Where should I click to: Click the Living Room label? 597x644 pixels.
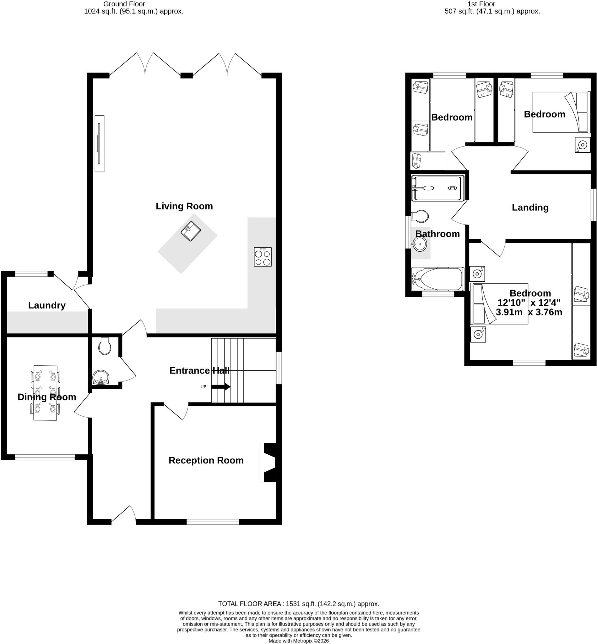coord(184,206)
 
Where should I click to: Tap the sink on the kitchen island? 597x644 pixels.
coord(191,231)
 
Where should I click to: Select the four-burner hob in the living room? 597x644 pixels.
coord(263,257)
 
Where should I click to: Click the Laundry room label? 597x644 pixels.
coord(47,305)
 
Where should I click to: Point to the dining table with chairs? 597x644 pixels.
coord(45,393)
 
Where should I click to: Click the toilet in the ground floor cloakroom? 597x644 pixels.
coord(105,346)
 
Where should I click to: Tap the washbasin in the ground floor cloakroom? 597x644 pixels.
coord(101,377)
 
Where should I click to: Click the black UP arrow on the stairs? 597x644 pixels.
coord(221,386)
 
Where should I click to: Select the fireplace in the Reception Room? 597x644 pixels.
coord(268,463)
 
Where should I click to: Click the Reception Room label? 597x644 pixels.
coord(206,460)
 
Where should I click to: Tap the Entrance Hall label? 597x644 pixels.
coord(200,370)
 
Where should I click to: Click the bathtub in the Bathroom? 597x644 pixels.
coord(438,279)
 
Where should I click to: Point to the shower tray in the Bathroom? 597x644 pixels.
coord(438,188)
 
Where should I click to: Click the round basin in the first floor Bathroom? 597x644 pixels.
coord(420,244)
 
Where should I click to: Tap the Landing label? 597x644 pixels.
coord(530,207)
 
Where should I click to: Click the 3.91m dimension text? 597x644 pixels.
coord(509,312)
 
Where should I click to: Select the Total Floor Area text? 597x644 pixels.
coord(298,603)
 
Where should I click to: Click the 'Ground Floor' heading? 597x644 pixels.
coord(124,4)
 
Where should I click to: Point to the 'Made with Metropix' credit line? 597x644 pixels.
coord(298,641)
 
